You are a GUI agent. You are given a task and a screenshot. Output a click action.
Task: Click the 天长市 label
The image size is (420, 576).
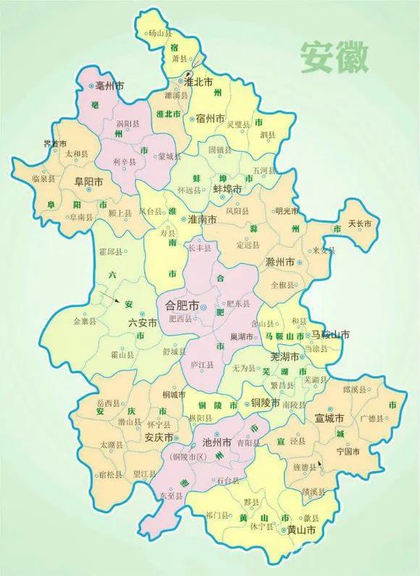[360, 223]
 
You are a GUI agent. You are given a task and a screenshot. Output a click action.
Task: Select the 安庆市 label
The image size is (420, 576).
[158, 438]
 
